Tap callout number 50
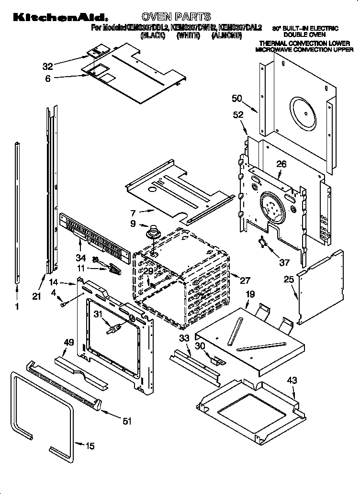point(236,99)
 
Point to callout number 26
point(281,164)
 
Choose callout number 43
point(292,381)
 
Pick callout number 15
point(90,446)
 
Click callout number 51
point(126,421)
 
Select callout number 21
point(36,296)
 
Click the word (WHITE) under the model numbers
point(188,36)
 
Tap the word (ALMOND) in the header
point(227,36)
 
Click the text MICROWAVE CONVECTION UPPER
point(304,49)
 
